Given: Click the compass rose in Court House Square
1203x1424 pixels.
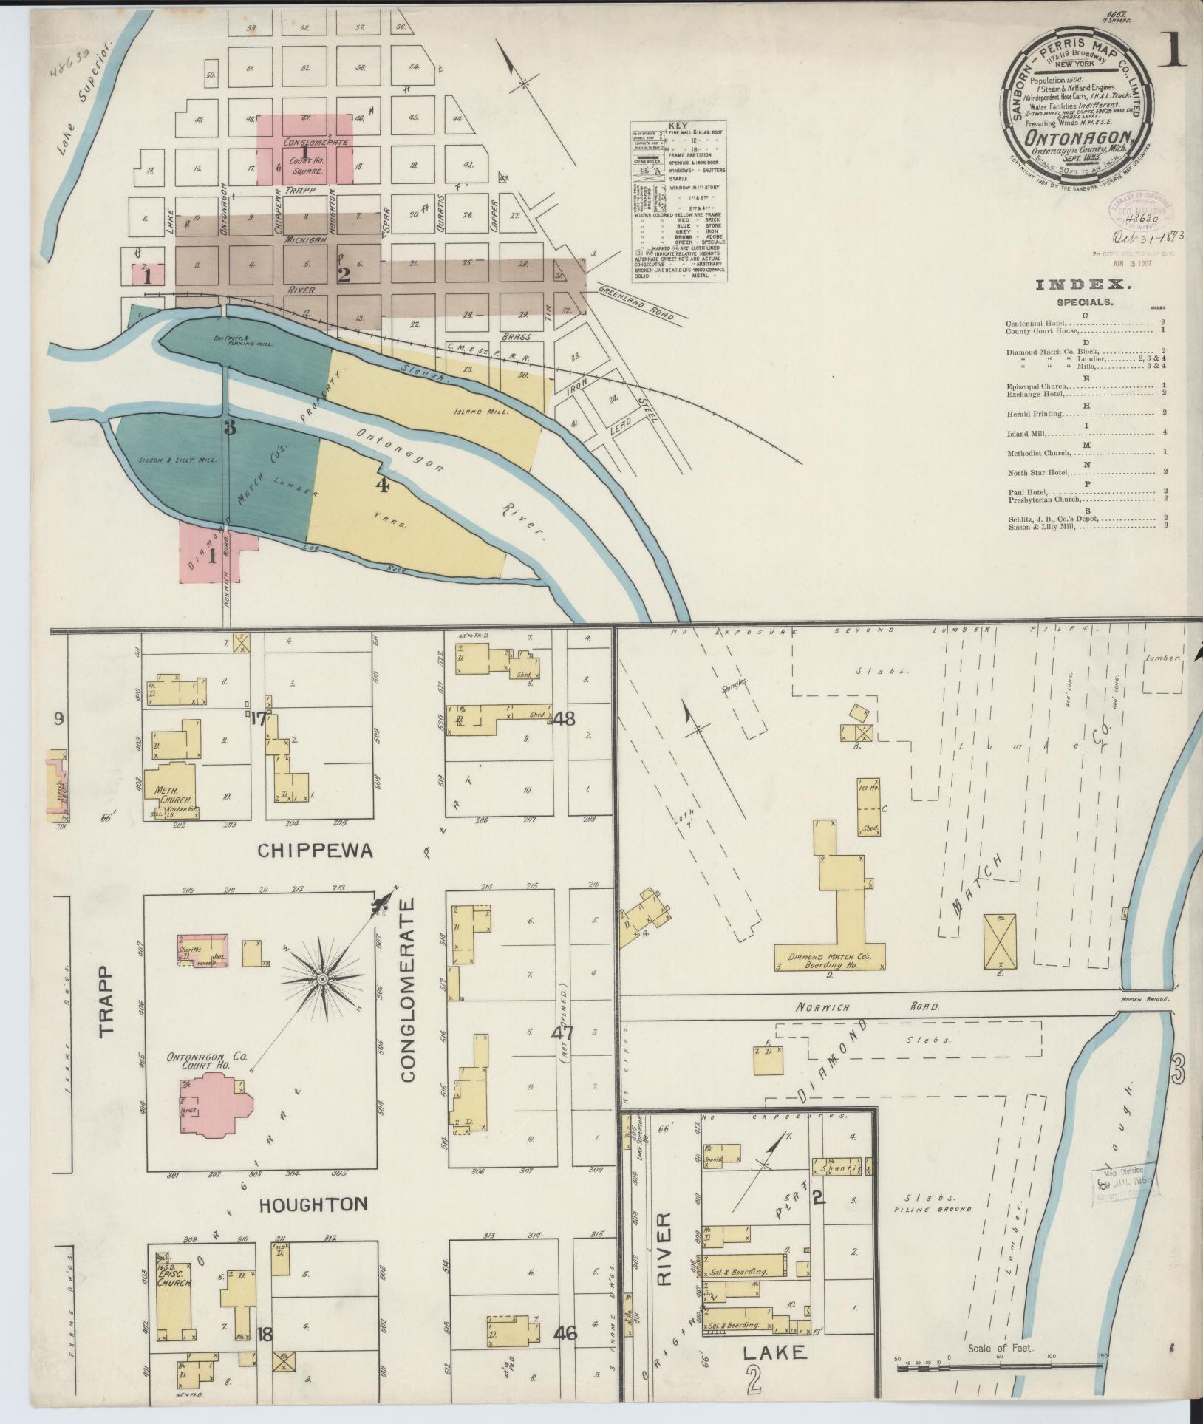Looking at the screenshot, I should pos(322,979).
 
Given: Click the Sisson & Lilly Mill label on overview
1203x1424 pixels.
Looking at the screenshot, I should pos(177,460).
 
